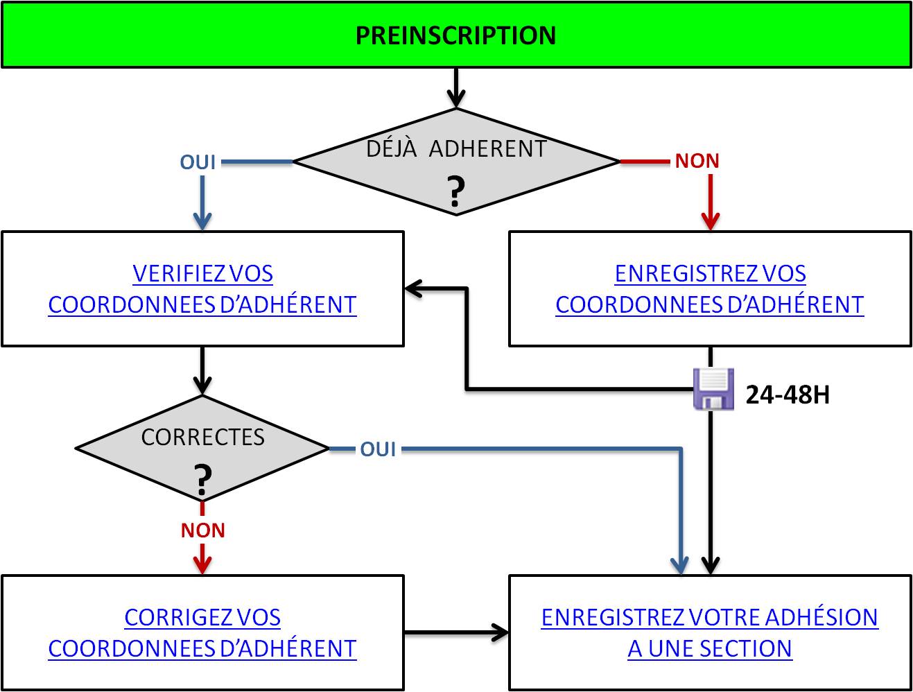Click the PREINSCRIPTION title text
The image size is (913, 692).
pyautogui.click(x=455, y=35)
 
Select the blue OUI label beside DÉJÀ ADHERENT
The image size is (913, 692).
pyautogui.click(x=198, y=162)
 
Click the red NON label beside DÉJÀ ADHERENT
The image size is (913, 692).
pyautogui.click(x=697, y=161)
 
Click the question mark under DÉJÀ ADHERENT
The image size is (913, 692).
pyautogui.click(x=455, y=192)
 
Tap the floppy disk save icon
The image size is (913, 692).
pyautogui.click(x=714, y=388)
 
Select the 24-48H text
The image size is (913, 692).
pyautogui.click(x=788, y=395)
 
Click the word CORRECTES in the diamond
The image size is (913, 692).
pyautogui.click(x=202, y=437)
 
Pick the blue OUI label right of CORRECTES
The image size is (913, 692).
pyautogui.click(x=378, y=449)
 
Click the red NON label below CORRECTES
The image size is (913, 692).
pyautogui.click(x=202, y=530)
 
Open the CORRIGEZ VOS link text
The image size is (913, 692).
pyautogui.click(x=202, y=617)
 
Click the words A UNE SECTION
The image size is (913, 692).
pyautogui.click(x=709, y=648)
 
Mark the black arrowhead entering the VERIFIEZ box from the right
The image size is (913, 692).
pyautogui.click(x=414, y=288)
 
